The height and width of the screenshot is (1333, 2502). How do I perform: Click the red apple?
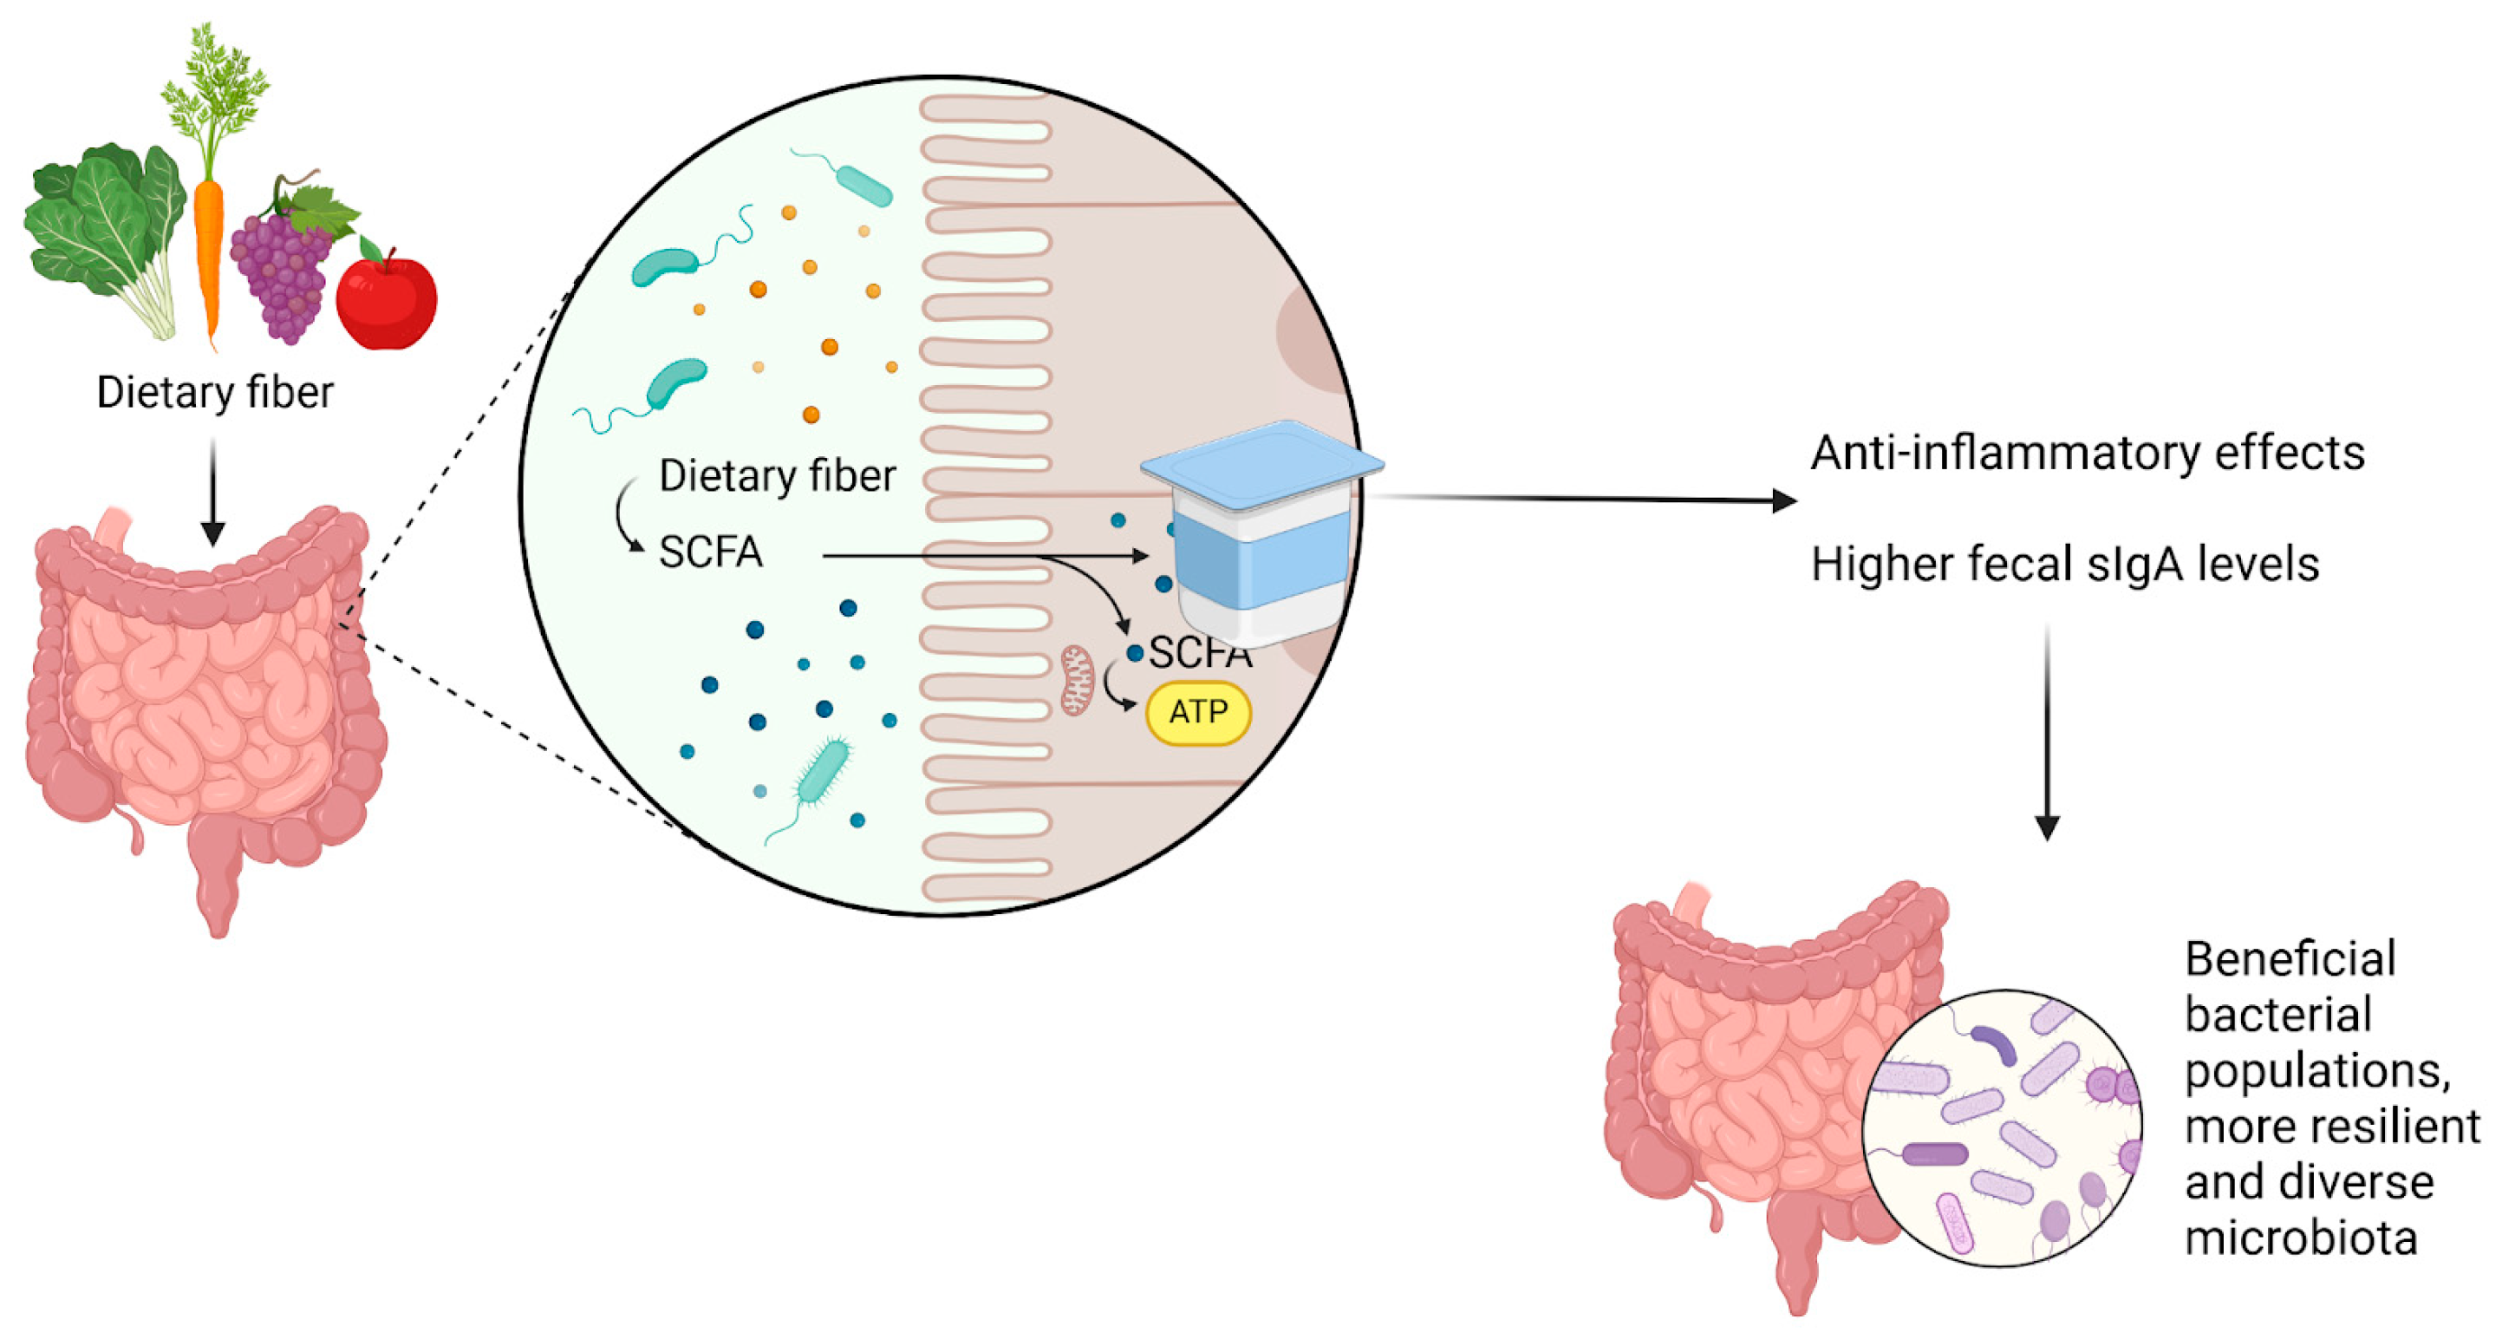[x=387, y=300]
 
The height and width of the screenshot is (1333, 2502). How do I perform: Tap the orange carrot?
[x=208, y=252]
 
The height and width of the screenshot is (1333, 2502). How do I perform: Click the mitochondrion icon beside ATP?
[x=1076, y=681]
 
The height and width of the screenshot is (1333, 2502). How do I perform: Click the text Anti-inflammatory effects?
[x=2086, y=454]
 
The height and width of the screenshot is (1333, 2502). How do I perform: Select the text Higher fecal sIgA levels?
[x=2064, y=565]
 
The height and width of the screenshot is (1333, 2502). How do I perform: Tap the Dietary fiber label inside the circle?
[x=777, y=476]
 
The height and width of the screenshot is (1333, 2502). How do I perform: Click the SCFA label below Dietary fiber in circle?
[x=711, y=552]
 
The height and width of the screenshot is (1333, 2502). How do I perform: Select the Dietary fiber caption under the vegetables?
[x=215, y=393]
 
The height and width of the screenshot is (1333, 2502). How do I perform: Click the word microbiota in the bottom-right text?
[x=2300, y=1238]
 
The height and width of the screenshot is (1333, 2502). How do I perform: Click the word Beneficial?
[x=2290, y=959]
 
